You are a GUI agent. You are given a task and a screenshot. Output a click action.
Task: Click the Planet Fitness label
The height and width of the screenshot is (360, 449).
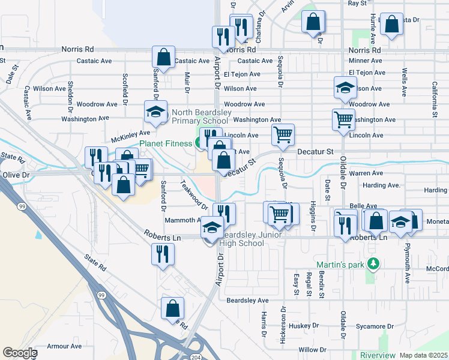coord(166,143)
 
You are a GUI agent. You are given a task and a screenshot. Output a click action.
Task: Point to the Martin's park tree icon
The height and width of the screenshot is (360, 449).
coord(373,263)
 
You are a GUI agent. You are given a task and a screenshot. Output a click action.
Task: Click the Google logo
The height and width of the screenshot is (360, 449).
coord(19,353)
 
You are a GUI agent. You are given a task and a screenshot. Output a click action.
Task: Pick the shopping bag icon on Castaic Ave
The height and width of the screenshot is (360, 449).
coord(163,58)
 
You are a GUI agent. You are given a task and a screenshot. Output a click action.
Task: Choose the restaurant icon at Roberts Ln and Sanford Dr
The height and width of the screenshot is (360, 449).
coord(163,254)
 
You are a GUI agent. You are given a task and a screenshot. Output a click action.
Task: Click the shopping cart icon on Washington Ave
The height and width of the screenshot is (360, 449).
coord(343,119)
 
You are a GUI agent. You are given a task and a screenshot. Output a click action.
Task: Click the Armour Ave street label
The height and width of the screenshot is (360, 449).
coord(64,346)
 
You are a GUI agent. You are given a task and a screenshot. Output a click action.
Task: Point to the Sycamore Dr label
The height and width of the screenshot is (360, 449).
coord(374,327)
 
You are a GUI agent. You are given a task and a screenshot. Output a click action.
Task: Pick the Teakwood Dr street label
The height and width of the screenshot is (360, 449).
coord(194,195)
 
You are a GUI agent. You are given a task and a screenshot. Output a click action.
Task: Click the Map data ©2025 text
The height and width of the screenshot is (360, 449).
coord(423,355)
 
